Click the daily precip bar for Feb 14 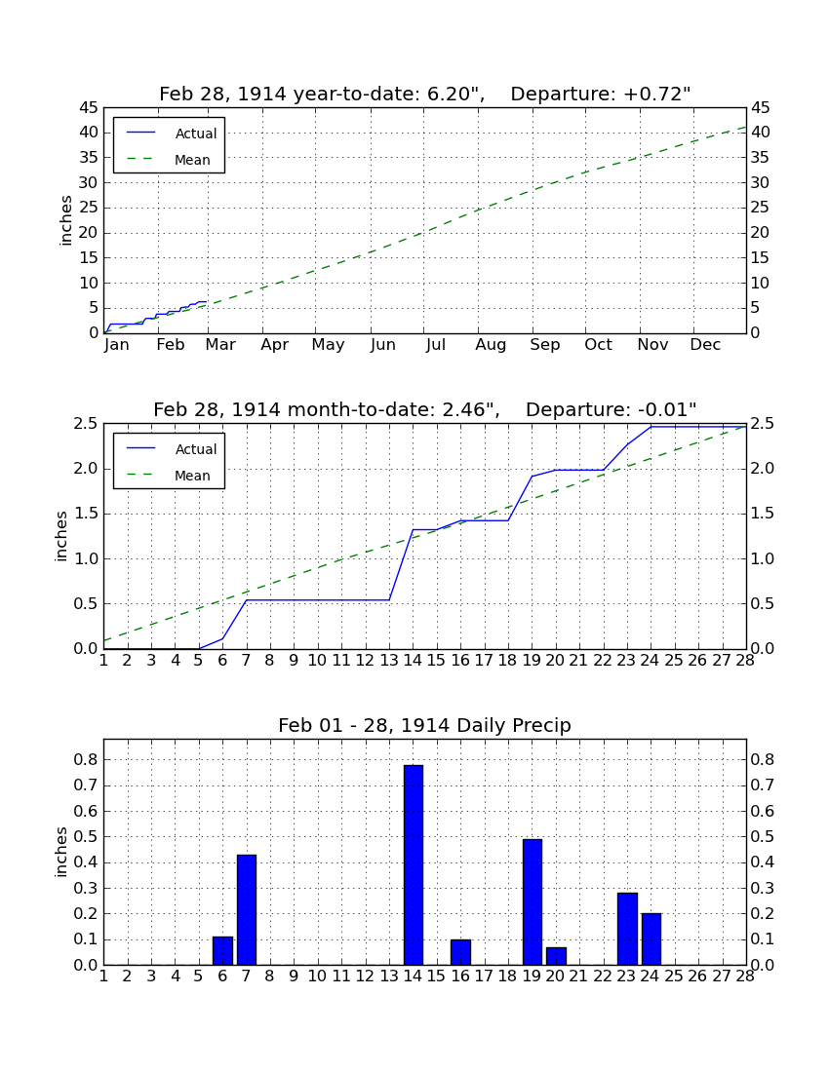click(x=414, y=864)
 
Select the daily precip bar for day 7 click(x=246, y=910)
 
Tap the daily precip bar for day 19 click(x=533, y=901)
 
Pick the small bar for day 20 click(x=556, y=956)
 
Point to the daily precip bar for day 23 click(x=627, y=929)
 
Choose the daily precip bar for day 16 click(x=460, y=952)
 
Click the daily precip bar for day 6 click(x=222, y=950)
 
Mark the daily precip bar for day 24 click(x=651, y=938)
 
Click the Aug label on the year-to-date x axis click(x=492, y=345)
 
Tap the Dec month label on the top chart click(x=705, y=345)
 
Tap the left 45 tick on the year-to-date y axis click(x=89, y=108)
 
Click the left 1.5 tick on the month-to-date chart click(x=85, y=515)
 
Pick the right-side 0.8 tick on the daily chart click(x=763, y=759)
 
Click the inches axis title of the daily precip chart click(x=61, y=852)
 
